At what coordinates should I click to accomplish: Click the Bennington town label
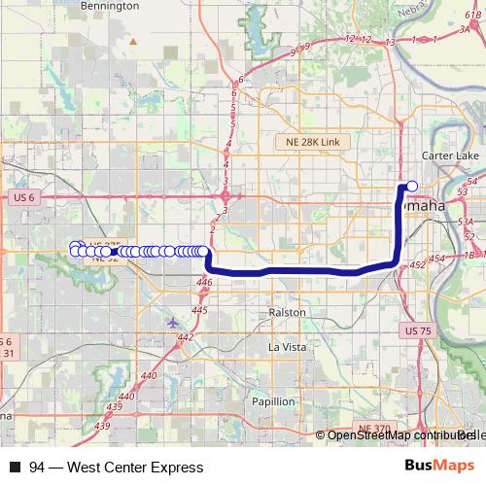(x=109, y=6)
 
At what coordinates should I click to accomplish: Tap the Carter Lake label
(x=446, y=156)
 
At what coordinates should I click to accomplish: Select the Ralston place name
(x=287, y=312)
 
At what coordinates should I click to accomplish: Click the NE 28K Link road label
(x=307, y=142)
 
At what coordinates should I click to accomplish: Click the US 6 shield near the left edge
(x=25, y=197)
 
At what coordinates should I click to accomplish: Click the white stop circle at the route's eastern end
(x=412, y=186)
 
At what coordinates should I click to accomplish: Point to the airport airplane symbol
(x=173, y=323)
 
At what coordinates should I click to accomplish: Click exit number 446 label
(x=203, y=282)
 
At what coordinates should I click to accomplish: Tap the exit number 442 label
(x=185, y=336)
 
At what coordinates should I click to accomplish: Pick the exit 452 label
(x=419, y=264)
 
